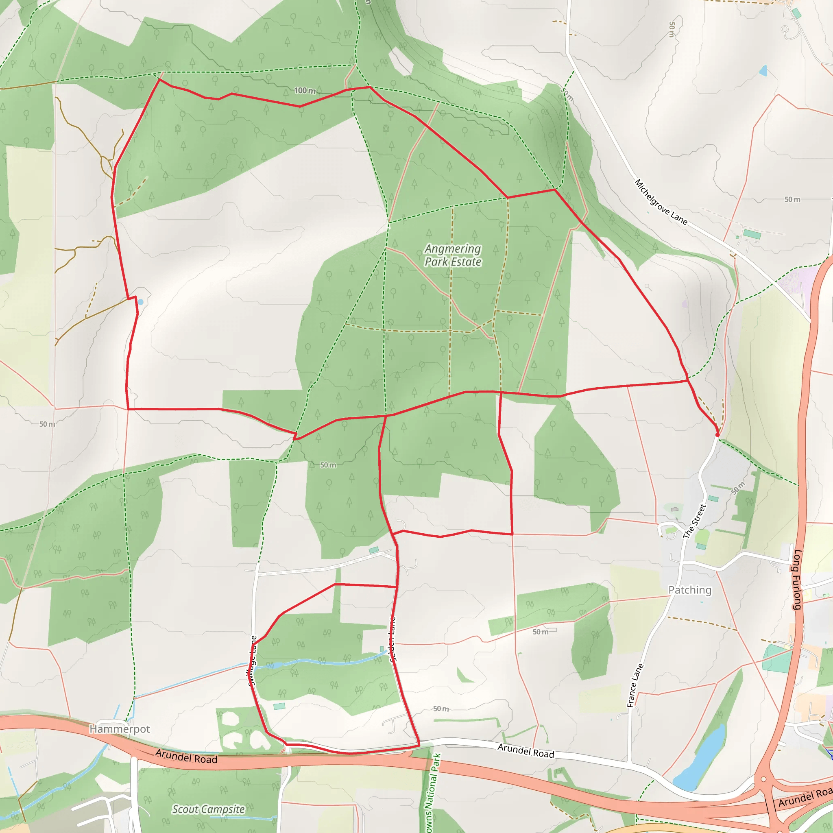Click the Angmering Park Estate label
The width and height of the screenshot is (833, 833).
pyautogui.click(x=453, y=255)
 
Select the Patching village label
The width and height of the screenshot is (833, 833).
pyautogui.click(x=689, y=590)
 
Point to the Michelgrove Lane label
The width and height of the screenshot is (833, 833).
pyautogui.click(x=661, y=202)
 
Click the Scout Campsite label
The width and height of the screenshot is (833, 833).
pyautogui.click(x=208, y=809)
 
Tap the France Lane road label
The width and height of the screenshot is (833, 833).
pyautogui.click(x=635, y=685)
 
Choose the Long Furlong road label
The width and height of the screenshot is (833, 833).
pyautogui.click(x=797, y=580)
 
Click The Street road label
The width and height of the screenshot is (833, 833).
pyautogui.click(x=694, y=521)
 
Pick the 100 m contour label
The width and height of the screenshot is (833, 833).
pyautogui.click(x=304, y=91)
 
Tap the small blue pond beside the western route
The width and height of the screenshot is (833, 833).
pyautogui.click(x=141, y=302)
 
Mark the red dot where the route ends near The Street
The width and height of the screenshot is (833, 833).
pyautogui.click(x=717, y=435)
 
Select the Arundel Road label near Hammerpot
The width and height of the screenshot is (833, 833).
pyautogui.click(x=186, y=756)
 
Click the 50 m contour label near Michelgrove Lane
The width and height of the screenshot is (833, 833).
pyautogui.click(x=792, y=200)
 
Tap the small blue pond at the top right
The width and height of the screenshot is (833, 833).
pyautogui.click(x=764, y=71)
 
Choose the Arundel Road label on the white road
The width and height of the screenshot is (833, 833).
pyautogui.click(x=526, y=751)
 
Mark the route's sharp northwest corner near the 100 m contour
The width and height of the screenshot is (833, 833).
pyautogui.click(x=159, y=79)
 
